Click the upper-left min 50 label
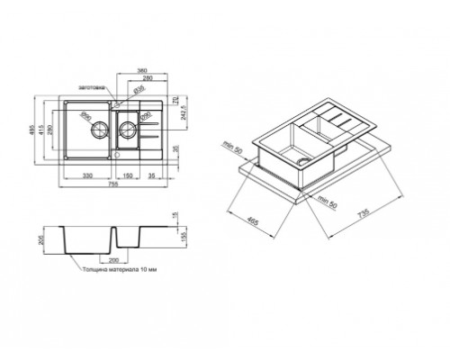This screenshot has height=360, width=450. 235,144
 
